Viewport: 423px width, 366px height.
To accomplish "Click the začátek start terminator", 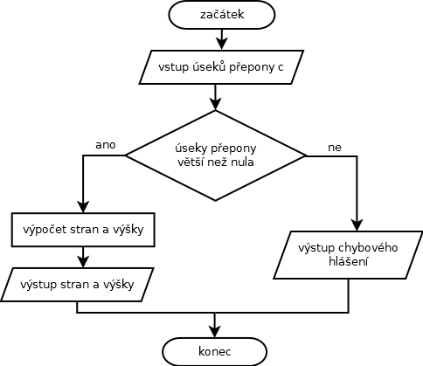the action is point(222,15).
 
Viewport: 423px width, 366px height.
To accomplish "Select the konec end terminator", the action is point(215,351).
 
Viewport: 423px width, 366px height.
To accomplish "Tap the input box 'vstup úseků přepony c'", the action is point(221,67).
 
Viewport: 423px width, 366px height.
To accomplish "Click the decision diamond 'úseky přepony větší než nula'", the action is point(216,155).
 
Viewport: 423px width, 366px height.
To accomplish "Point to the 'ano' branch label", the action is point(106,145).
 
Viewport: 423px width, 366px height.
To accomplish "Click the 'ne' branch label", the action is point(335,148).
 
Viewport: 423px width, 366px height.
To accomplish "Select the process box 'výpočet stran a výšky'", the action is point(83,230).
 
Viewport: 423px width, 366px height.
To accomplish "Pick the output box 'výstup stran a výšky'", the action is point(77,285).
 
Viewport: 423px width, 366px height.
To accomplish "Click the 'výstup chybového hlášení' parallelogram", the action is point(348,255).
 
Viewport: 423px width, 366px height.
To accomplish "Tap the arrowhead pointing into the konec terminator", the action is point(215,331).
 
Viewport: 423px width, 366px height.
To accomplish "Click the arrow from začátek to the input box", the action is point(222,39).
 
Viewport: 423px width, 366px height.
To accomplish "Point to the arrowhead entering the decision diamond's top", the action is point(215,104).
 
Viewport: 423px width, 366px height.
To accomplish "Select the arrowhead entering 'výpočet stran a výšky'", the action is point(83,207).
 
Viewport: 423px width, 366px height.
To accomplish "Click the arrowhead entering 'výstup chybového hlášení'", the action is point(357,225).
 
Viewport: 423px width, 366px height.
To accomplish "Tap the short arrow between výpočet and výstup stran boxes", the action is point(83,258).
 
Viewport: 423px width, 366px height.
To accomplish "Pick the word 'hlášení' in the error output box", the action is point(349,261).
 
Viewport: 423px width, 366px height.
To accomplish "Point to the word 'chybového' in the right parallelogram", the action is point(368,248).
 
